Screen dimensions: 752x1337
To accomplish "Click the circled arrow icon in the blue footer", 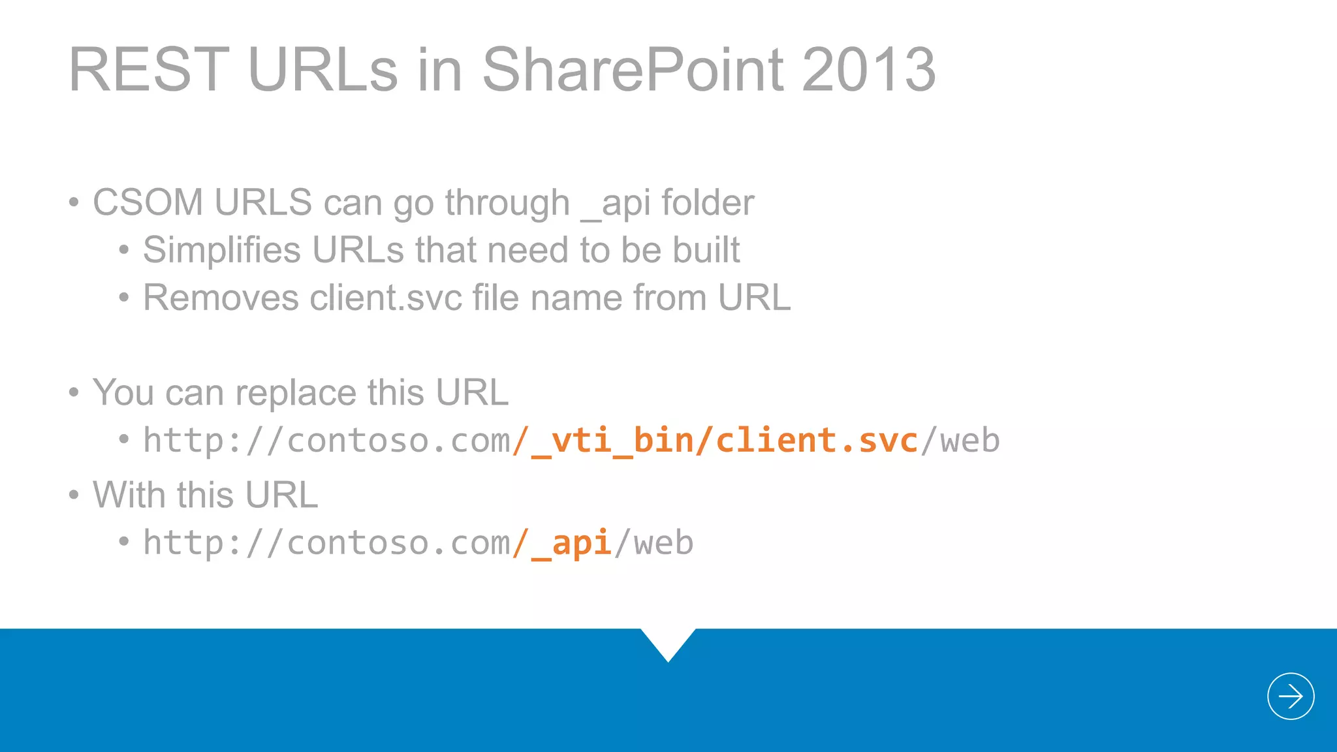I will coord(1290,696).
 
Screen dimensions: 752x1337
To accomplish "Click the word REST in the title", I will coord(149,70).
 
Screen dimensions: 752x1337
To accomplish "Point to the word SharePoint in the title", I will coord(633,70).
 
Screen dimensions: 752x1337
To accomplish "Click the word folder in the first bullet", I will coord(708,202).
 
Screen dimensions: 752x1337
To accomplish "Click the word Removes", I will coord(221,298).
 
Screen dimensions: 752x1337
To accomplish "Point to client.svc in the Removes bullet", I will coord(386,298).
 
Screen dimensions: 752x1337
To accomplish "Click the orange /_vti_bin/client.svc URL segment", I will coord(716,441).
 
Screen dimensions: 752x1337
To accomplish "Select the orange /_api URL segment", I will coord(561,543).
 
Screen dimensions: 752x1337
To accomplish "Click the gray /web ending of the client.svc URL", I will coord(960,441).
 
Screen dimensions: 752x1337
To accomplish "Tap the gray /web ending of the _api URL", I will coord(654,543).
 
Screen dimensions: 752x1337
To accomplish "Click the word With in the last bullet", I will coord(130,495).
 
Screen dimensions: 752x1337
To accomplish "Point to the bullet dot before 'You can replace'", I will coord(74,393).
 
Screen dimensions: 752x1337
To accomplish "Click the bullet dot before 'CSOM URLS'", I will coord(74,202).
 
